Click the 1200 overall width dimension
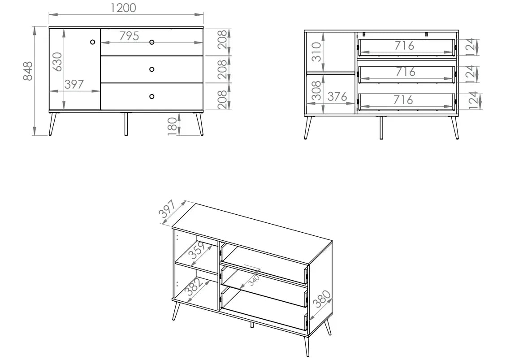coord(123,8)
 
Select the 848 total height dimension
coord(28,71)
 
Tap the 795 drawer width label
coord(129,36)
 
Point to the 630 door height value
coord(57,62)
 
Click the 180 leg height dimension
coord(173,126)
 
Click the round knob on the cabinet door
coord(93,42)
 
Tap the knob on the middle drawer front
coord(151,69)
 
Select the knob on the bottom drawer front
coord(151,96)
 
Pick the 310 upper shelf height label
coord(316,52)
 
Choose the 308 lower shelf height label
coord(316,91)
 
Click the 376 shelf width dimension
coord(337,96)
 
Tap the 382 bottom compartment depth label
coord(195,287)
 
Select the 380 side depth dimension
coord(322,299)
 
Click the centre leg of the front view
coord(126,124)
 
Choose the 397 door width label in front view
coord(74,84)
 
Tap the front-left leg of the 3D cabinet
coord(176,309)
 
